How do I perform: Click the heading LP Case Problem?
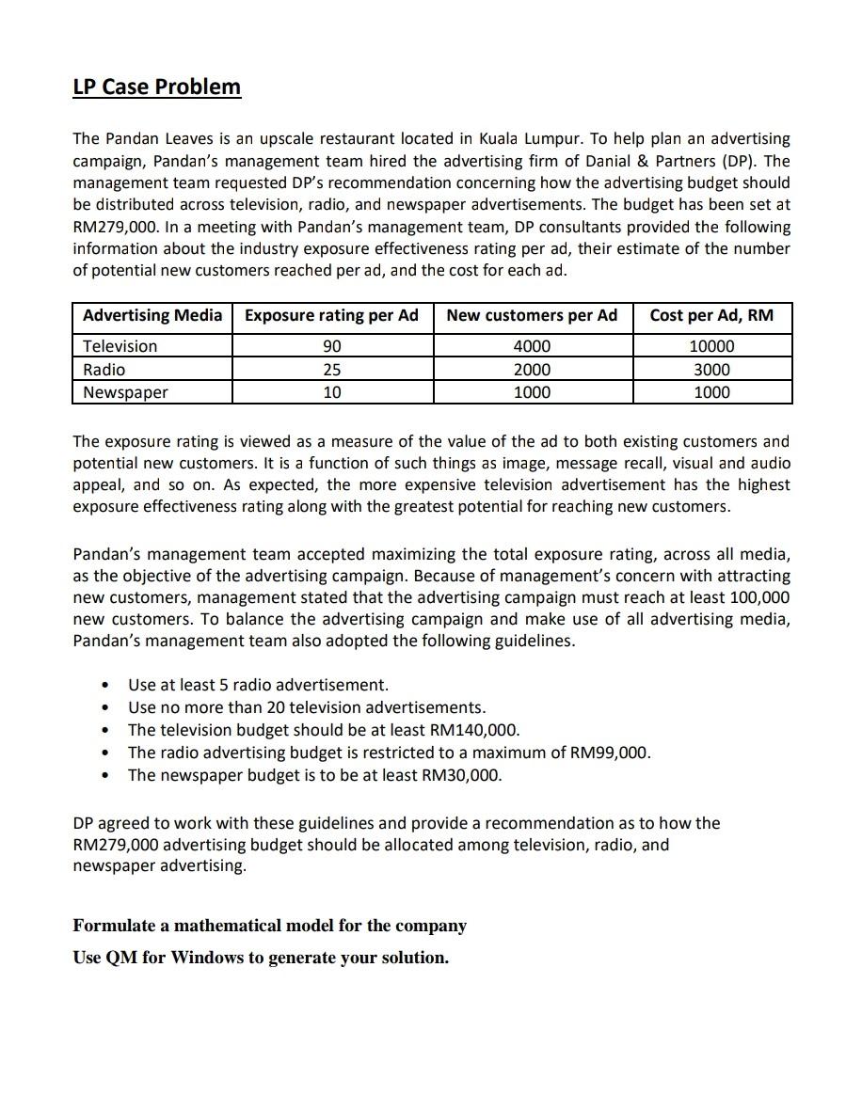tap(156, 87)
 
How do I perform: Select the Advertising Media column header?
tap(152, 316)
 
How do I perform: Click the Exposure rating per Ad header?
tap(331, 316)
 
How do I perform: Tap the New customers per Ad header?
tap(532, 316)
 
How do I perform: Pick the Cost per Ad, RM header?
tap(711, 316)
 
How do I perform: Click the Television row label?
tap(120, 346)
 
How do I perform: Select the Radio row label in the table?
tap(104, 370)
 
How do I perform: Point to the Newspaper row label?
tap(125, 392)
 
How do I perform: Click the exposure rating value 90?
tap(332, 346)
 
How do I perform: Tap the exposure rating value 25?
tap(332, 370)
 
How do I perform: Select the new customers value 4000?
tap(532, 346)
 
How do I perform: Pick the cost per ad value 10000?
tap(711, 346)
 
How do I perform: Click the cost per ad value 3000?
tap(711, 370)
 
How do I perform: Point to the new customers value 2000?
tap(532, 370)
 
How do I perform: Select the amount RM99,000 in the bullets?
tap(608, 753)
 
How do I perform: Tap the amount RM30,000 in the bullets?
tap(460, 775)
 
